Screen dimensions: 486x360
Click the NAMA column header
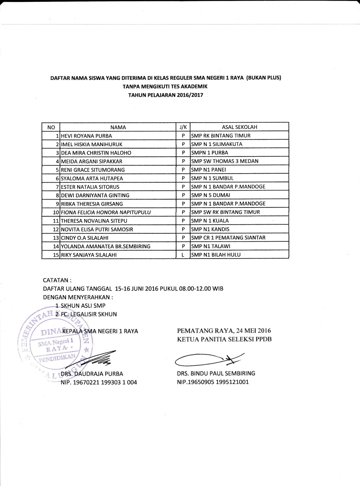[x=118, y=127]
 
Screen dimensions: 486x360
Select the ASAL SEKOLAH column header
[x=240, y=127]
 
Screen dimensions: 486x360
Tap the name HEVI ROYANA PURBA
[x=87, y=136]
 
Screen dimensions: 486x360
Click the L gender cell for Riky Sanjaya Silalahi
[x=183, y=255]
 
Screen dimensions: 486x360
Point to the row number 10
[x=56, y=212]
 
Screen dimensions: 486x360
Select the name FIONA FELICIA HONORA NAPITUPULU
[x=106, y=212]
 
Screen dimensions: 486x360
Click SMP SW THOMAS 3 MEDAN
[x=225, y=161]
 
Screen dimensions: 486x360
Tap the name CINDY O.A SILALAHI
[x=85, y=238]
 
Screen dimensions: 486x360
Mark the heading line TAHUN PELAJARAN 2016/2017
[x=165, y=95]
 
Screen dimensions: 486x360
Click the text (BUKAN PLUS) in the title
[x=264, y=78]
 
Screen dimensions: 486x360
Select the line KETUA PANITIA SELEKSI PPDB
[x=224, y=339]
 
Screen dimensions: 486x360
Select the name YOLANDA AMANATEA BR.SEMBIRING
[x=106, y=246]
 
